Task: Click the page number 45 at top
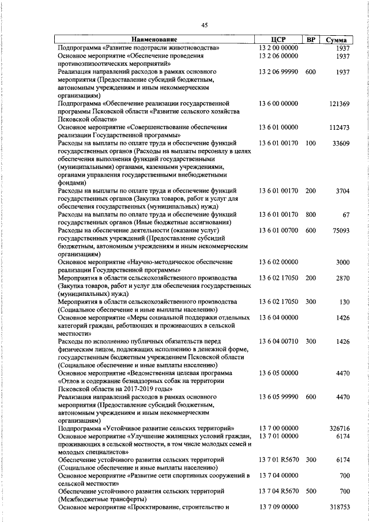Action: pos(204,24)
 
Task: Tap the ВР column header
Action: pos(311,39)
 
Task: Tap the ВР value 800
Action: pos(311,215)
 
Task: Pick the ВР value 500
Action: pos(311,491)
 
